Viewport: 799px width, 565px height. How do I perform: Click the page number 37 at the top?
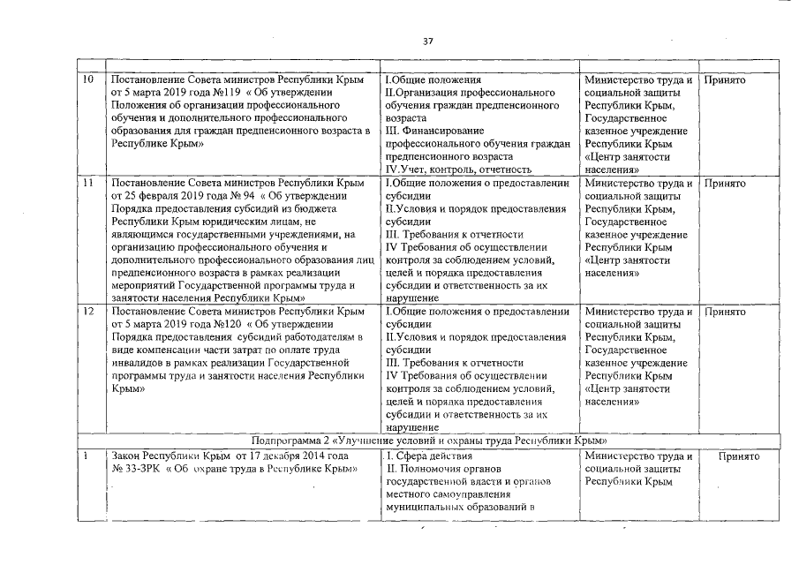coord(428,41)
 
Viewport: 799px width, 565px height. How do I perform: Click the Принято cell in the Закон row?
coord(739,456)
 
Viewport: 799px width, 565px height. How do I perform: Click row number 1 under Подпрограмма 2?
coord(85,456)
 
